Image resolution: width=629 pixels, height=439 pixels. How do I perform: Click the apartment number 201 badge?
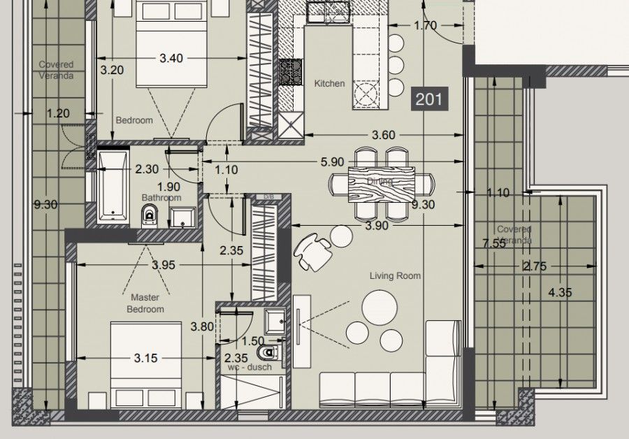click(x=429, y=99)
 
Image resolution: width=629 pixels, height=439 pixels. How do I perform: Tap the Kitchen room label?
click(x=329, y=83)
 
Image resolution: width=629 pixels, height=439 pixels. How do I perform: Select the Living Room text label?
click(x=395, y=275)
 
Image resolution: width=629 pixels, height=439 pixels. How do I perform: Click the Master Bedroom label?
click(x=145, y=303)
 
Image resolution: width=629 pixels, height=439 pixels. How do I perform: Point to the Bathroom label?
click(x=161, y=197)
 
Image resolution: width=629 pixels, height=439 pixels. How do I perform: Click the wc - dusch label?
click(x=250, y=367)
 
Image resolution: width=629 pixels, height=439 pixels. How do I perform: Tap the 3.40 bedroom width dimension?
click(x=171, y=58)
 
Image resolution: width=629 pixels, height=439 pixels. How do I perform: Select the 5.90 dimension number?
click(x=332, y=161)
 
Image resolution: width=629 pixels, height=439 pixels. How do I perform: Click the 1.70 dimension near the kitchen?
click(x=425, y=26)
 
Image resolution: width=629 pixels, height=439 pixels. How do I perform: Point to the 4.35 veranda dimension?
click(x=560, y=292)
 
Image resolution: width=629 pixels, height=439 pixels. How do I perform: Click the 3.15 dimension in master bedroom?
click(x=145, y=358)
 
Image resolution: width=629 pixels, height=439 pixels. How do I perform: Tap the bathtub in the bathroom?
click(x=113, y=186)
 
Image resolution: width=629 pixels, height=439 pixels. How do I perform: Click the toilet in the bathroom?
click(x=150, y=216)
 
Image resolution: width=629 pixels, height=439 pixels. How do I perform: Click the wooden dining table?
click(x=381, y=184)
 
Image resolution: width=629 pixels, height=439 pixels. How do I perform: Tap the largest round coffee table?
click(x=379, y=308)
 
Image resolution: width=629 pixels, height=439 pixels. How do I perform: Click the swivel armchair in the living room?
click(x=314, y=252)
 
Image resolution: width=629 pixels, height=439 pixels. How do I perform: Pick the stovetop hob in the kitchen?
click(x=291, y=72)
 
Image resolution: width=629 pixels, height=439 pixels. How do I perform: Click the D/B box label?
click(x=269, y=196)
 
